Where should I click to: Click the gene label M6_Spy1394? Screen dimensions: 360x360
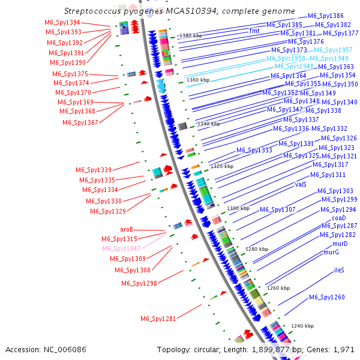(x=62, y=22)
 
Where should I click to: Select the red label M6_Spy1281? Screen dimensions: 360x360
(x=158, y=319)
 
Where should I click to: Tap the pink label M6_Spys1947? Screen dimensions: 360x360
(x=121, y=248)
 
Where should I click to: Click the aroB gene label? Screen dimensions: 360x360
(x=127, y=229)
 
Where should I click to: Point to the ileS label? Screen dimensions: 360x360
(x=339, y=271)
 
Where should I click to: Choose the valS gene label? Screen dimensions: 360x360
(x=301, y=184)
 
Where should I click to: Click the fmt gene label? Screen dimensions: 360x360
(x=254, y=31)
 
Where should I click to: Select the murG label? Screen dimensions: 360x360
(x=331, y=253)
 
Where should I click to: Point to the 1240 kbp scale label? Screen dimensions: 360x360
(x=302, y=326)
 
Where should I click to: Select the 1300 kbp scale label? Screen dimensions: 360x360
(x=238, y=208)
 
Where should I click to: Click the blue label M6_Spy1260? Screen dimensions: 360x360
(x=327, y=298)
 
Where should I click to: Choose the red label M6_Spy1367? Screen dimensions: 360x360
(x=80, y=122)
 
